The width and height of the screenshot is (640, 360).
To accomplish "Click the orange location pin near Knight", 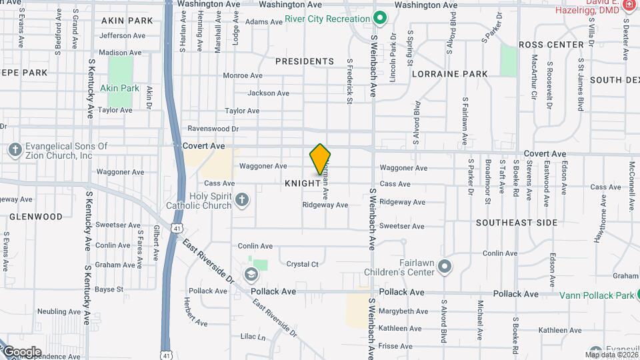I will click(321, 159).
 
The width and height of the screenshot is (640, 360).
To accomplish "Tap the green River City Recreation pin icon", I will click(380, 18).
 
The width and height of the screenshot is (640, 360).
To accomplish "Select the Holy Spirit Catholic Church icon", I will click(242, 199).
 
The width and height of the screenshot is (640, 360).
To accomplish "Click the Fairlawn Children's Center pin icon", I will click(445, 268).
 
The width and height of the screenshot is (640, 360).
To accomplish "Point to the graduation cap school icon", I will click(251, 274).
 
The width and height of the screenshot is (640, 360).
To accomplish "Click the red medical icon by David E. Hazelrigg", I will click(629, 5).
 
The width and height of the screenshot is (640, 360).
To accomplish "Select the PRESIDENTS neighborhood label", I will click(305, 61).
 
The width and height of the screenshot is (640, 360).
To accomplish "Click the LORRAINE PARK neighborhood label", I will click(450, 74).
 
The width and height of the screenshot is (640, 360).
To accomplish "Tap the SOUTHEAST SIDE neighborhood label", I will click(517, 223).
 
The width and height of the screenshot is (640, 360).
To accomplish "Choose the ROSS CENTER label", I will click(551, 45).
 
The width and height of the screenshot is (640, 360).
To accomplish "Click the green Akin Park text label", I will click(119, 88).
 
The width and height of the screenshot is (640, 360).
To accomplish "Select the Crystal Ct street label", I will click(302, 264).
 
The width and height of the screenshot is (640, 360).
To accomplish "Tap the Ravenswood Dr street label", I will click(213, 128).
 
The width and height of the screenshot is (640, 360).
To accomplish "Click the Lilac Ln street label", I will click(253, 337).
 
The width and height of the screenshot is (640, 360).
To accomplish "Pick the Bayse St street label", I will click(109, 289).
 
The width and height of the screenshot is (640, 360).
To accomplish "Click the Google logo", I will click(22, 352).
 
